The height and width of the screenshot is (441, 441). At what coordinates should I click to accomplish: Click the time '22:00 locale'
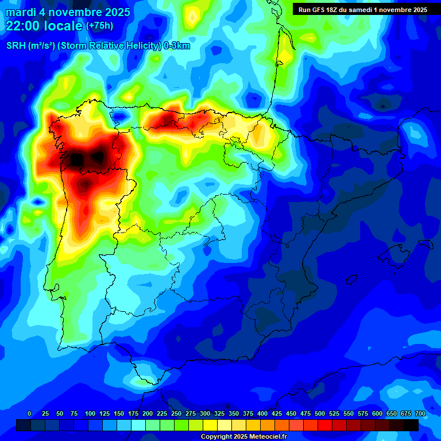(44, 25)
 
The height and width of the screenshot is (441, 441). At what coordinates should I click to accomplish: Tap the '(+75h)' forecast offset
(99, 25)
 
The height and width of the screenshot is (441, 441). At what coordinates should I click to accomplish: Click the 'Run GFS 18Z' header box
(362, 9)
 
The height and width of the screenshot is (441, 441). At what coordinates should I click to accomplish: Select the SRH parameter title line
(98, 47)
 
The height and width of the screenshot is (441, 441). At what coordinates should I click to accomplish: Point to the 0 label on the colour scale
(29, 413)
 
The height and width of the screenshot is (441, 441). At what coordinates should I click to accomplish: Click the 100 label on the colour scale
(90, 413)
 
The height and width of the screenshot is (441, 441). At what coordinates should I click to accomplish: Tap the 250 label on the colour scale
(176, 413)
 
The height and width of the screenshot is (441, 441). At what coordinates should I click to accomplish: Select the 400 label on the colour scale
(262, 413)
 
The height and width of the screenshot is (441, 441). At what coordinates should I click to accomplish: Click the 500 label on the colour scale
(320, 413)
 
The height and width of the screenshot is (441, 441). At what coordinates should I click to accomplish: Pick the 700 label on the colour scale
(420, 413)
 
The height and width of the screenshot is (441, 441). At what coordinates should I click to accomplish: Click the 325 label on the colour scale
(219, 413)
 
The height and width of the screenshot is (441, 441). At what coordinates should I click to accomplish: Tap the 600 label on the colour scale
(377, 413)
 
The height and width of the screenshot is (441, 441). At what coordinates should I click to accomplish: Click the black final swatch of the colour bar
(411, 425)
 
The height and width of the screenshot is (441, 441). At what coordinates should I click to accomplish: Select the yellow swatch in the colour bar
(210, 425)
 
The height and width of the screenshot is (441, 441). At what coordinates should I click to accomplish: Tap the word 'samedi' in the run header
(358, 9)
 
